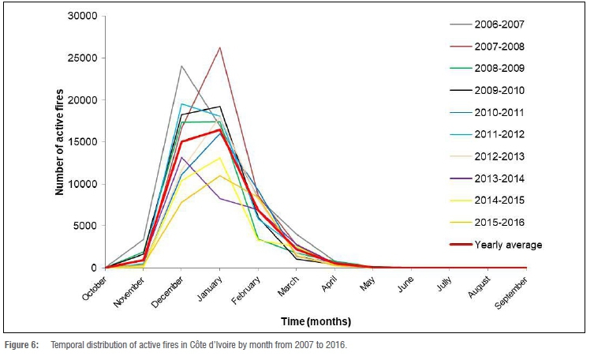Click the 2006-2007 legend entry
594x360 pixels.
tap(500, 24)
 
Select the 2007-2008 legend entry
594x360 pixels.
tap(500, 46)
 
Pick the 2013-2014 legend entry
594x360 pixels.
tap(500, 178)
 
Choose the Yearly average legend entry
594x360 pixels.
tap(508, 245)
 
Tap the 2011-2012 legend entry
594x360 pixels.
tap(500, 134)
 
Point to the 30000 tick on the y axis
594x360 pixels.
tap(84, 16)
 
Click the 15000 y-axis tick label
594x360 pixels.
tap(84, 142)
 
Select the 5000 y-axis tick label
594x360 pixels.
tap(87, 226)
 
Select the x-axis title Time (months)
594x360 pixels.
tap(316, 322)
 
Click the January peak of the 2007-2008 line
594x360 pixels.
tap(219, 48)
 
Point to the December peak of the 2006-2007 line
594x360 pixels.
tap(181, 66)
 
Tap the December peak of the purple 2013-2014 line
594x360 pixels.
tap(181, 157)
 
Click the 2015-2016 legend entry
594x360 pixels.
tap(500, 223)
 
